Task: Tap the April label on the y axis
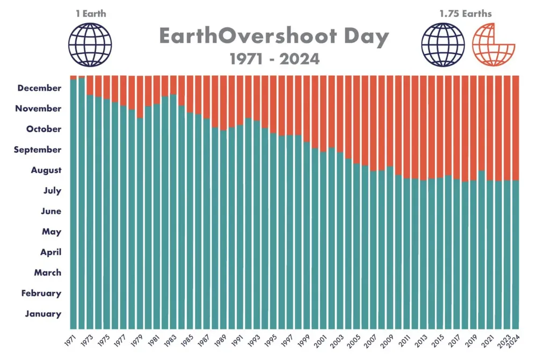click(x=50, y=252)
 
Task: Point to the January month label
click(x=43, y=314)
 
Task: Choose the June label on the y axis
click(x=51, y=211)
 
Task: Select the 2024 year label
click(x=514, y=341)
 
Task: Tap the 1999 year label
click(x=304, y=341)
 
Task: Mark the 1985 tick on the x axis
click(x=187, y=341)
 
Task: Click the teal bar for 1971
click(x=74, y=204)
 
